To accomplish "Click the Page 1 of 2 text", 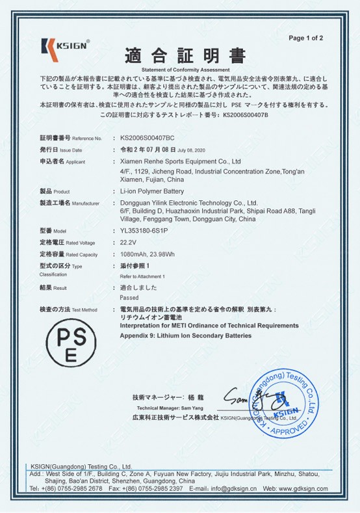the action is (305, 38).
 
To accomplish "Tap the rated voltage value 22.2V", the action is (128, 242).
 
